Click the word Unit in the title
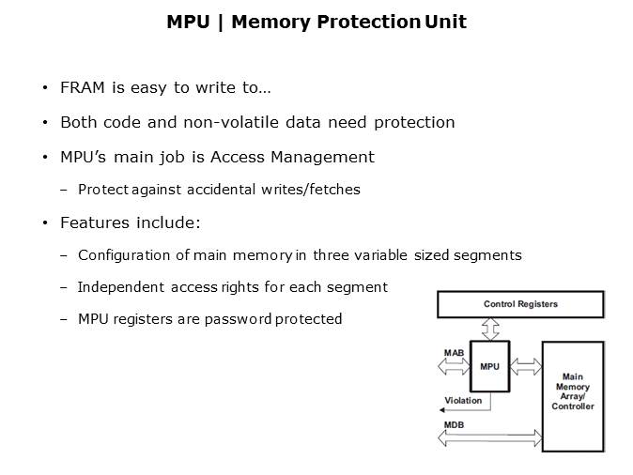click(x=445, y=22)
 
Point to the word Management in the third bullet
click(x=325, y=157)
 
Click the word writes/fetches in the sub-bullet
click(x=314, y=190)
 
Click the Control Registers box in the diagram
click(x=520, y=304)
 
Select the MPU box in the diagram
click(x=489, y=366)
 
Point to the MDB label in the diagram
click(x=454, y=425)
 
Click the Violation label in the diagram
click(x=463, y=400)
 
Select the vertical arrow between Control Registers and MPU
click(x=489, y=329)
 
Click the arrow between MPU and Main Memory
click(x=526, y=366)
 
